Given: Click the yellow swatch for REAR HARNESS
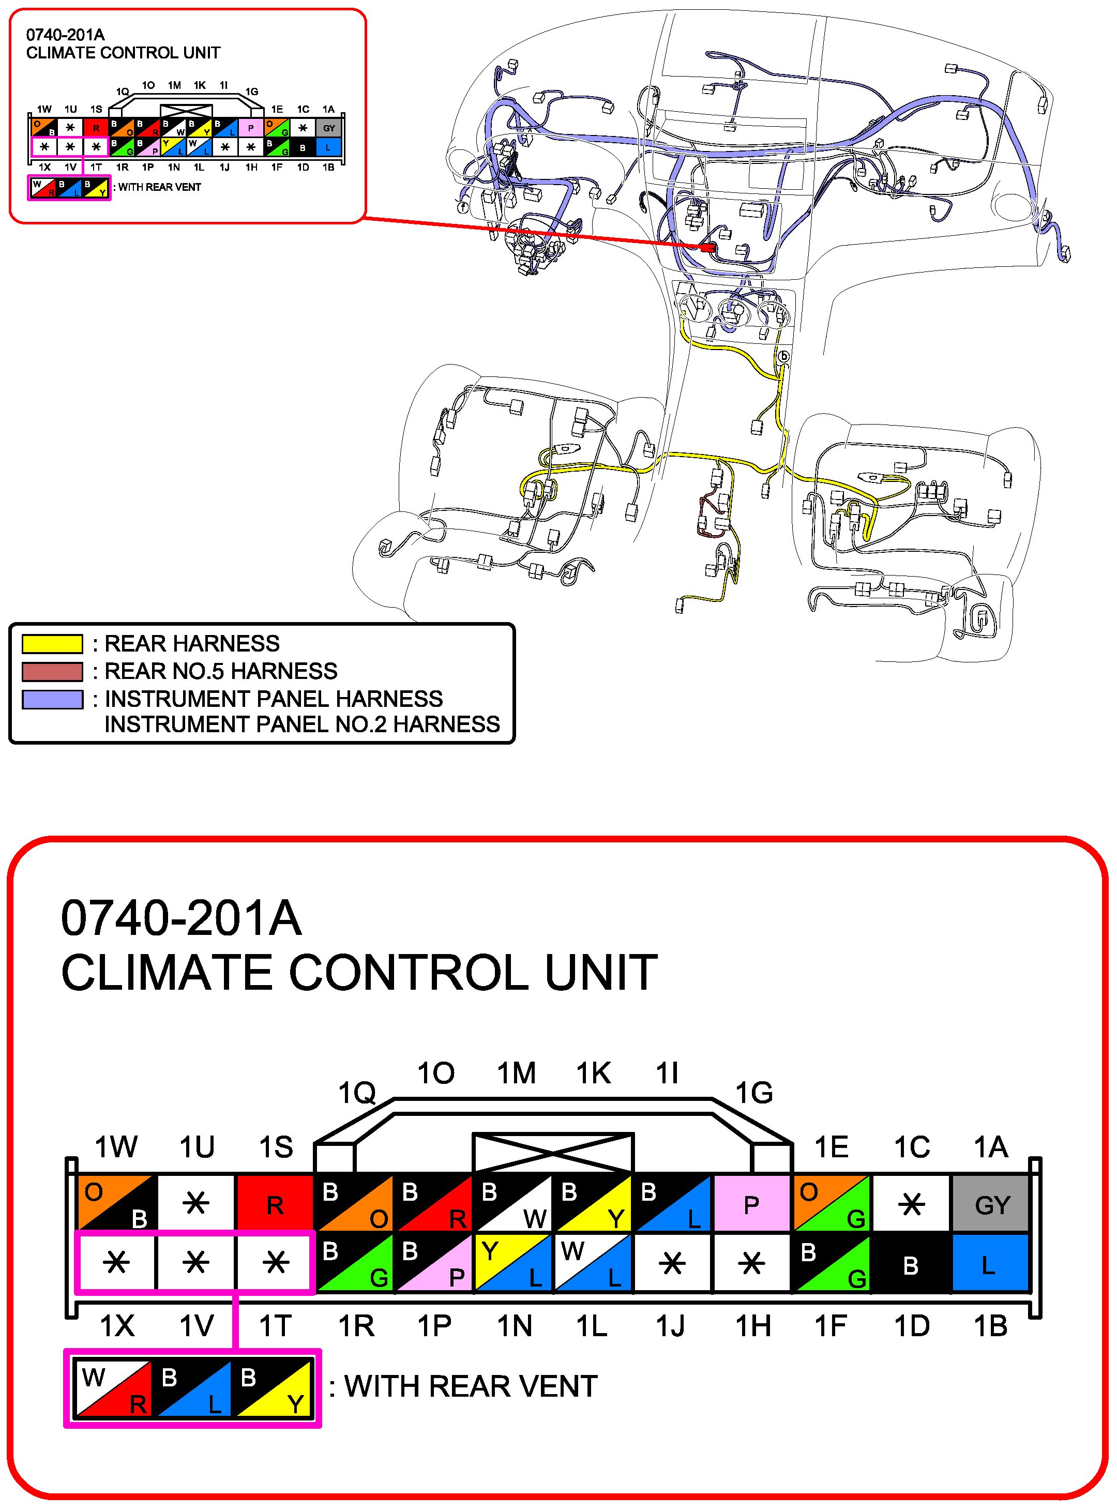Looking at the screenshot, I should tap(52, 643).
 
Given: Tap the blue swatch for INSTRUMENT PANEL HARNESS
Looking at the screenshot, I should tap(52, 699).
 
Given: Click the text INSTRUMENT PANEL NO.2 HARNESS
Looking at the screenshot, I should tap(301, 724).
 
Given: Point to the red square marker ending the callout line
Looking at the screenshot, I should tap(708, 248).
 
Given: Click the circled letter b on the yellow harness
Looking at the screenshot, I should tap(783, 356).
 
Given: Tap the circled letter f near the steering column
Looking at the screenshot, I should tap(463, 207).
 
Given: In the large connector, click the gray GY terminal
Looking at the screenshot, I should tap(991, 1204).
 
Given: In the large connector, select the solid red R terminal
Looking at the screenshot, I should tap(275, 1204).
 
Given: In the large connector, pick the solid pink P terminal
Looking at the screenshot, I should tap(751, 1204).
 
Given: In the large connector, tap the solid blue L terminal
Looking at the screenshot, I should tap(991, 1264).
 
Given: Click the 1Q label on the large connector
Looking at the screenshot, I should tap(356, 1092).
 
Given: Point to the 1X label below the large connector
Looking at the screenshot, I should tap(117, 1326).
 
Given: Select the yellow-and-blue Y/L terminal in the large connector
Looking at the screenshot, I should tap(514, 1264).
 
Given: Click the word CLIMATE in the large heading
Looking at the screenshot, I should tap(169, 973).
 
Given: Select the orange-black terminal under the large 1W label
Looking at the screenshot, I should tap(116, 1204).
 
